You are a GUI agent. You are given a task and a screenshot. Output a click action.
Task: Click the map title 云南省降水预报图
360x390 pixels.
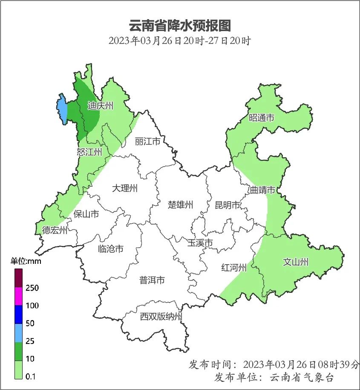tap(179, 26)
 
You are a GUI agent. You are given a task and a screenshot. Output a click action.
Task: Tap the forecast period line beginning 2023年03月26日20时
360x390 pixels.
tap(179, 41)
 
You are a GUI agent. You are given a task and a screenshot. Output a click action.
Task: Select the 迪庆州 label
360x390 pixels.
tap(101, 106)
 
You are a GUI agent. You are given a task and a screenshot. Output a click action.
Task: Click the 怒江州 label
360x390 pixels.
tap(89, 152)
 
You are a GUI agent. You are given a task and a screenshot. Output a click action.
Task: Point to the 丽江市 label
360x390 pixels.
tap(147, 141)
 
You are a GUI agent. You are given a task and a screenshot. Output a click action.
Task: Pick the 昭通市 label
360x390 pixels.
tap(262, 118)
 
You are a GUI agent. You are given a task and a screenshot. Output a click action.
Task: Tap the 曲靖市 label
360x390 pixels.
tap(262, 190)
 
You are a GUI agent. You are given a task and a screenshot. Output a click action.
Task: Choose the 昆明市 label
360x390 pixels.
tap(228, 205)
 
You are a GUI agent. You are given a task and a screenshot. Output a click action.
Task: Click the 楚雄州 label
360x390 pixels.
tap(181, 205)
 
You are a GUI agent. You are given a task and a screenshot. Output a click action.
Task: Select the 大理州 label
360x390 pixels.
tap(125, 188)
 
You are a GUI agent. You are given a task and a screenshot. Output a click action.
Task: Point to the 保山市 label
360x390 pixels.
tap(86, 214)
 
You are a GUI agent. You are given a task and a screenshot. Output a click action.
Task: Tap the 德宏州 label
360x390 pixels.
tap(55, 231)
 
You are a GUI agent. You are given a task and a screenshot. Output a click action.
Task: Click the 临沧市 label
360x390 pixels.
tap(111, 248)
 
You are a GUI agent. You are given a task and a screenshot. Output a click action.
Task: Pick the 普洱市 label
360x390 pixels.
tap(152, 280)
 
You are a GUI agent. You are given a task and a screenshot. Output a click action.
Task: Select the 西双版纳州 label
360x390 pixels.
tap(161, 317)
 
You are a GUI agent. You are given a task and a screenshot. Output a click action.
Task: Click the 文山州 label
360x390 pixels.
tap(296, 262)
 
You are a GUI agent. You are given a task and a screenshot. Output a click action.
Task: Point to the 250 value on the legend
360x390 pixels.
tap(32, 288)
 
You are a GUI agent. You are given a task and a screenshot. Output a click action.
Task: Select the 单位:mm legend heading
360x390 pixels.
tap(26, 261)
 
